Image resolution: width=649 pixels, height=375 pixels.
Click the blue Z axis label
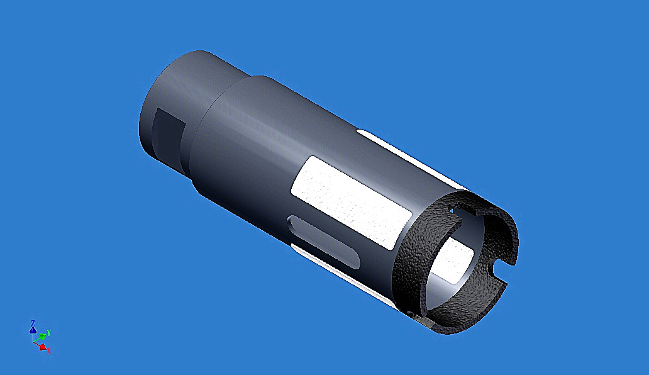[x=33, y=323]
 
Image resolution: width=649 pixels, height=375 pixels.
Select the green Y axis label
[x=49, y=332]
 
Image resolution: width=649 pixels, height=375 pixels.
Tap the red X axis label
[x=48, y=350]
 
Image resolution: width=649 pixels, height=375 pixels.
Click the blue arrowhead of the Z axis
[x=33, y=330]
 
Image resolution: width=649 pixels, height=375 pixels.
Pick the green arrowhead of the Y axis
[x=43, y=336]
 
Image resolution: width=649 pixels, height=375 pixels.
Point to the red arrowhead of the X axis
[x=42, y=346]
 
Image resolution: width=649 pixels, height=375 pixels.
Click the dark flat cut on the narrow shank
[x=169, y=130]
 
